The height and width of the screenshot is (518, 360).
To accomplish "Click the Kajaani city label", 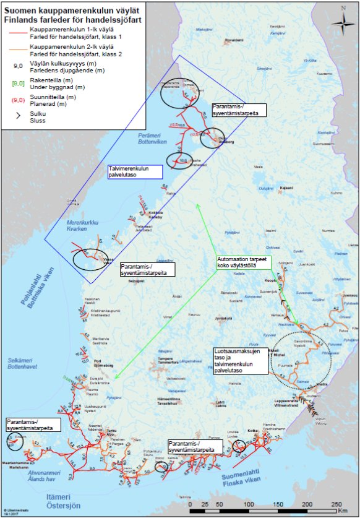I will (285, 187).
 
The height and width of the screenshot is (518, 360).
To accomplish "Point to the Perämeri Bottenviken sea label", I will (153, 137).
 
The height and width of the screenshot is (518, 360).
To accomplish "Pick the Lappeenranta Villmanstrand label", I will (288, 402).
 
